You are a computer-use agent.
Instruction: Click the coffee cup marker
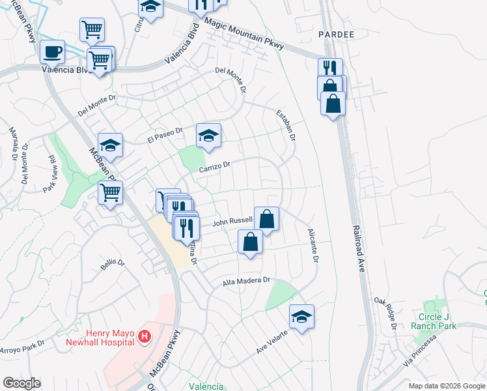52,51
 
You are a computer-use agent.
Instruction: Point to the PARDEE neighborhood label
336,33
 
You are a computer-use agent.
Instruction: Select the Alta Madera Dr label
246,280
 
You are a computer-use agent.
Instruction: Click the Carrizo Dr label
215,166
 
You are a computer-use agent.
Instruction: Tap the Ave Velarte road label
272,342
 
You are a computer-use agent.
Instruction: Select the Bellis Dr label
113,264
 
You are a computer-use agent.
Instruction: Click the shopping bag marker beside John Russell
266,218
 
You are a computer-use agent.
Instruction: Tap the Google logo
21,383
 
